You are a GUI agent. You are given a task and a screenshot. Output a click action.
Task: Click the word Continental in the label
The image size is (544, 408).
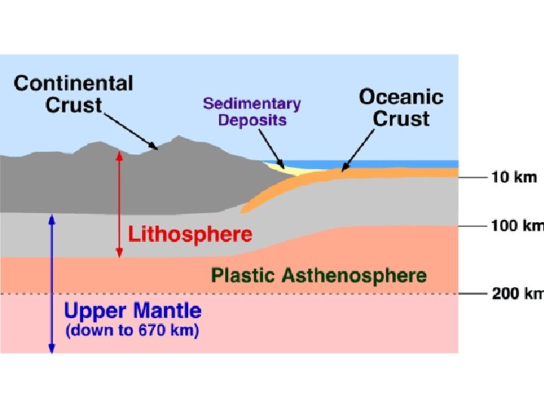coord(73,83)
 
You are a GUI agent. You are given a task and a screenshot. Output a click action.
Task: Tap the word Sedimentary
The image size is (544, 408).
coord(251,104)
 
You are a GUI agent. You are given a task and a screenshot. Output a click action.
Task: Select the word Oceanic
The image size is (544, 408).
coord(400,97)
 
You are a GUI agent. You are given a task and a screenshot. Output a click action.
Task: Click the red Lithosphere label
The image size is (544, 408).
coord(190,234)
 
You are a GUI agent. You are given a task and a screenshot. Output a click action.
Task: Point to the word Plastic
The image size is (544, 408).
coord(243,276)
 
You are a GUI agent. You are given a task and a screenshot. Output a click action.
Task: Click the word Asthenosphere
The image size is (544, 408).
coord(354,276)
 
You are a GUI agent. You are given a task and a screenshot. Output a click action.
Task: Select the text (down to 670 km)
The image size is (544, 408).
coord(131,331)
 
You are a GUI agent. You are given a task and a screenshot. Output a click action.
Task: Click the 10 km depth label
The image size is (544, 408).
coord(514,178)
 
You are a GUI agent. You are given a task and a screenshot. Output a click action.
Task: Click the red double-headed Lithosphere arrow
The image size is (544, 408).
coord(118,204)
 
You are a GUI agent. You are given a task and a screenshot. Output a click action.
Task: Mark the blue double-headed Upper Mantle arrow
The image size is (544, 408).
coord(51,283)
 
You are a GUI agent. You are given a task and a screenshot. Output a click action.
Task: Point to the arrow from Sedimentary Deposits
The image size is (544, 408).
coord(269,146)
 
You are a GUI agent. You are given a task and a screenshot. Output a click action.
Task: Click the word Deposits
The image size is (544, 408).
coord(252,120)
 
